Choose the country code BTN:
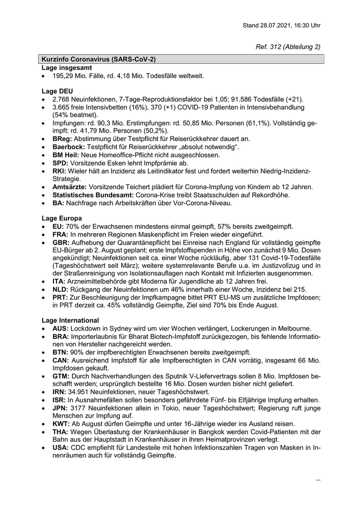[61, 352]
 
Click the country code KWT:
[62, 424]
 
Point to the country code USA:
[61, 448]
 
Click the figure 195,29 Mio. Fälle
[83, 76]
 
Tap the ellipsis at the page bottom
[318, 480]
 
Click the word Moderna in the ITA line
[167, 282]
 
